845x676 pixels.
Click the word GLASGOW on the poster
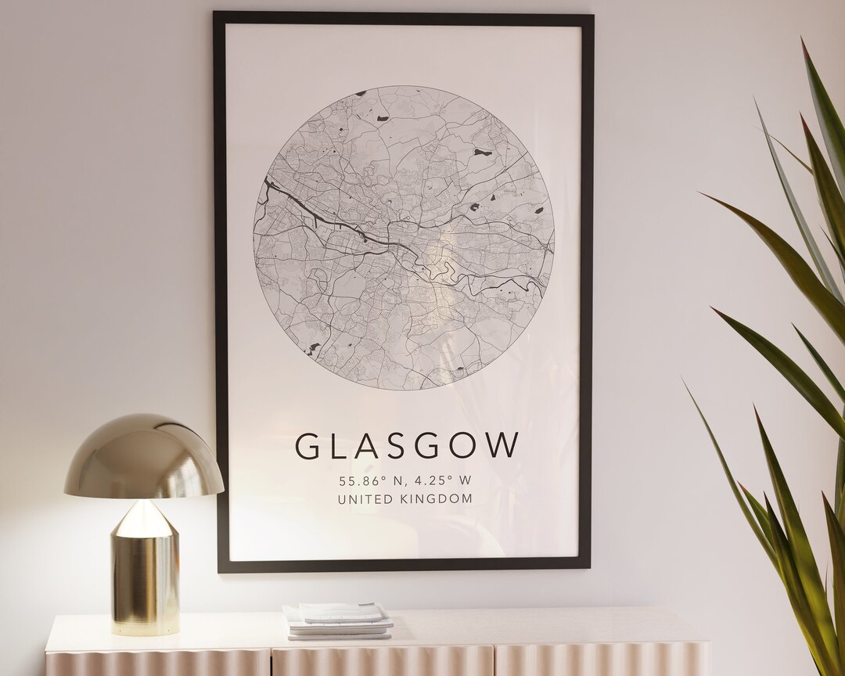[407, 445]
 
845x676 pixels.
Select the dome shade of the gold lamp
[144, 458]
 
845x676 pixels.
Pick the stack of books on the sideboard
[338, 620]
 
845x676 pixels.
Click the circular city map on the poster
[404, 237]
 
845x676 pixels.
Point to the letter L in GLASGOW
[337, 445]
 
